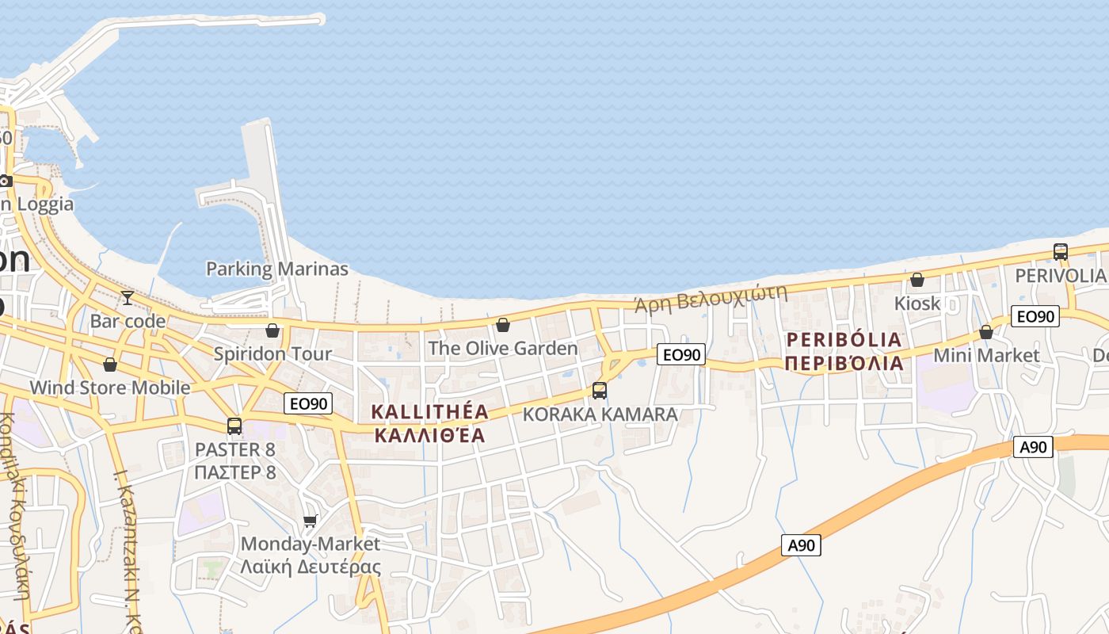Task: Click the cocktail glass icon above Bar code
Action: click(x=127, y=298)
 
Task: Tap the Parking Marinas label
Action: click(x=276, y=269)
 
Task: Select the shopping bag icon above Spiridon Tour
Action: click(x=272, y=330)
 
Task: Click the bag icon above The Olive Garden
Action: click(x=502, y=325)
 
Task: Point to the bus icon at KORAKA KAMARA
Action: click(x=600, y=391)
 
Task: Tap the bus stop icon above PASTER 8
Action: click(x=234, y=426)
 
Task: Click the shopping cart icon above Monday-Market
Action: click(x=311, y=521)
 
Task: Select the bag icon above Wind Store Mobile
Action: click(x=110, y=365)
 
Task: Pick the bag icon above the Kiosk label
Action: click(x=917, y=280)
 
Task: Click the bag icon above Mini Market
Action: click(x=986, y=332)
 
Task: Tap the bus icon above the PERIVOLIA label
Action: click(x=1061, y=252)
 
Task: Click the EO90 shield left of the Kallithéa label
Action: click(x=308, y=403)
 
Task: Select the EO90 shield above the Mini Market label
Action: click(x=1035, y=316)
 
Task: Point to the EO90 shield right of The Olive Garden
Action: click(x=680, y=354)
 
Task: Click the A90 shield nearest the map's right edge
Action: click(x=1033, y=447)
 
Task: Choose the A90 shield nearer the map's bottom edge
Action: click(x=801, y=545)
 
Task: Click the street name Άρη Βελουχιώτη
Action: click(x=711, y=298)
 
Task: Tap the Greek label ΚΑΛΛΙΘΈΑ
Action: click(x=429, y=435)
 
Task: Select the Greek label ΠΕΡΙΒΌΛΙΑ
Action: click(x=844, y=363)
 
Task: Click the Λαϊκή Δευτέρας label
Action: click(x=311, y=567)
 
